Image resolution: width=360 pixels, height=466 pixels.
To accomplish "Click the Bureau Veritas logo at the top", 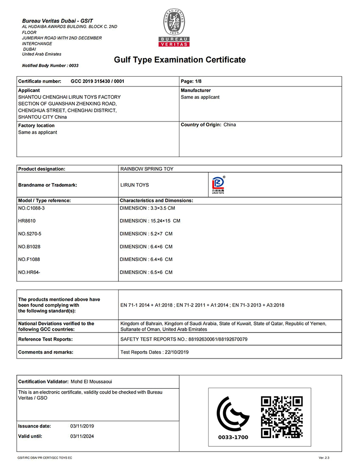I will pyautogui.click(x=174, y=28).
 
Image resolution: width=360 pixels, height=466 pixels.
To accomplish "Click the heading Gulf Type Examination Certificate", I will pyautogui.click(x=180, y=60).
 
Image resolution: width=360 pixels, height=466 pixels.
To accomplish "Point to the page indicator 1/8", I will pyautogui.click(x=194, y=82).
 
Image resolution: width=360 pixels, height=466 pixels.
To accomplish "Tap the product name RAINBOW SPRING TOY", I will pyautogui.click(x=147, y=169).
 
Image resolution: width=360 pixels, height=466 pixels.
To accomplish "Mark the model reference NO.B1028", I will pyautogui.click(x=30, y=247).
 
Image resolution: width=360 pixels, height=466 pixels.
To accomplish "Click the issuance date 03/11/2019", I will pyautogui.click(x=82, y=426).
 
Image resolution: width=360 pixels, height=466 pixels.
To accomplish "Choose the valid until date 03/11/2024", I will pyautogui.click(x=82, y=436).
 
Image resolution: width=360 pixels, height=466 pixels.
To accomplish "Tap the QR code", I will pyautogui.click(x=281, y=417).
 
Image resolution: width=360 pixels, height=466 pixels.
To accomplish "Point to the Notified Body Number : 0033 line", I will pyautogui.click(x=50, y=65).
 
